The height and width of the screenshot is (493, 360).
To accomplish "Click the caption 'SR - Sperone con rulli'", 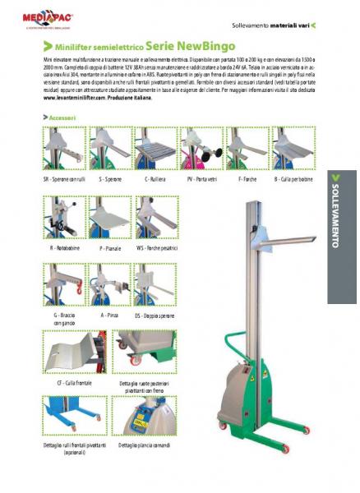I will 61,177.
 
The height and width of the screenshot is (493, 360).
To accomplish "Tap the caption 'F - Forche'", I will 247,177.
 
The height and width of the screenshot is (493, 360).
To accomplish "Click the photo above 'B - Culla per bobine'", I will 293,149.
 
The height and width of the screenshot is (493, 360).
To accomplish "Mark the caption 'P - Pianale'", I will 110,246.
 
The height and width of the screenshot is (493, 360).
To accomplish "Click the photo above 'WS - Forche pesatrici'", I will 156,217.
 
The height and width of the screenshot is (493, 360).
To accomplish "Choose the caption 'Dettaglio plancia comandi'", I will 147,445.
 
